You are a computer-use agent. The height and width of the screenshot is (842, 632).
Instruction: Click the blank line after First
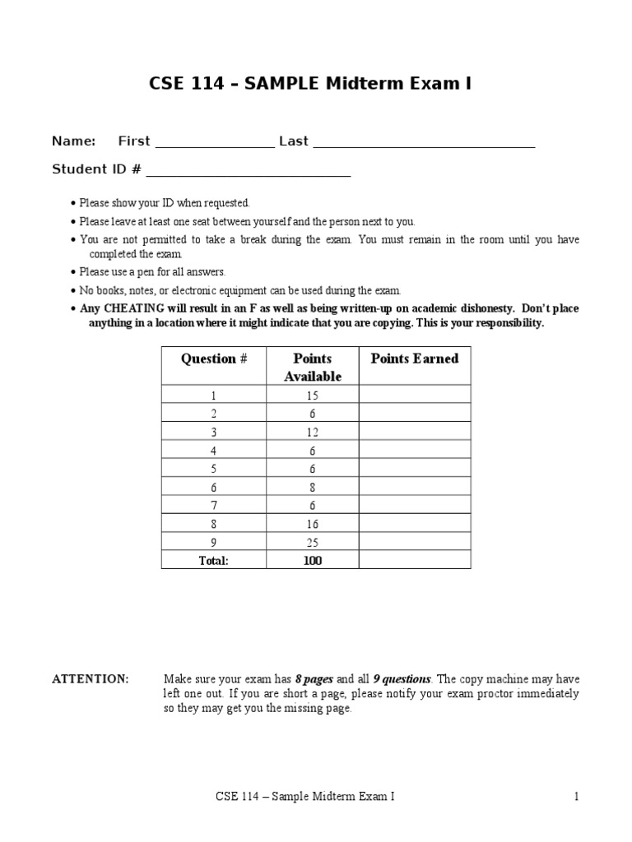(214, 146)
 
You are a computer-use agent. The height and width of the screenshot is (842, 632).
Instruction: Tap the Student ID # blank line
(249, 174)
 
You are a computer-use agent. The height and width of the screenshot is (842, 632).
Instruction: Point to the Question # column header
(214, 359)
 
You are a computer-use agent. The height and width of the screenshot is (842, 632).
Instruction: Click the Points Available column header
(312, 368)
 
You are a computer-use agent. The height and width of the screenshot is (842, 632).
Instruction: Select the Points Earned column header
(415, 359)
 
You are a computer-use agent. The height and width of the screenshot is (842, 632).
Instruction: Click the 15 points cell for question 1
(312, 396)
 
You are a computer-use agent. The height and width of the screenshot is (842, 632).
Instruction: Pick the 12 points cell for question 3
(312, 433)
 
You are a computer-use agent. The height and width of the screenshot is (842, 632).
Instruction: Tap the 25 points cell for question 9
(312, 543)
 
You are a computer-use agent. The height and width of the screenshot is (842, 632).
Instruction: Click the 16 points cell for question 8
(312, 525)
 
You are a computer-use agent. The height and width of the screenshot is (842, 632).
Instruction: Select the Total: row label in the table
(214, 561)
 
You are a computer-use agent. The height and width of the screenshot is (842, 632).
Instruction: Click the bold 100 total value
(312, 561)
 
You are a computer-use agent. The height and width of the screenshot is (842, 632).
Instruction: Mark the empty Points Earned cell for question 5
(415, 470)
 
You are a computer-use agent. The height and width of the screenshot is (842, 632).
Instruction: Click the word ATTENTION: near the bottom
(91, 679)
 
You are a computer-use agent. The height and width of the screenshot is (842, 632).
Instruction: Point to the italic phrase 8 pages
(314, 679)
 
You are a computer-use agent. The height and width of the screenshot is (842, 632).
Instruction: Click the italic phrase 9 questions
(402, 679)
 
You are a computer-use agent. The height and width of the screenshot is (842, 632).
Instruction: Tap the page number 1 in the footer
(577, 797)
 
